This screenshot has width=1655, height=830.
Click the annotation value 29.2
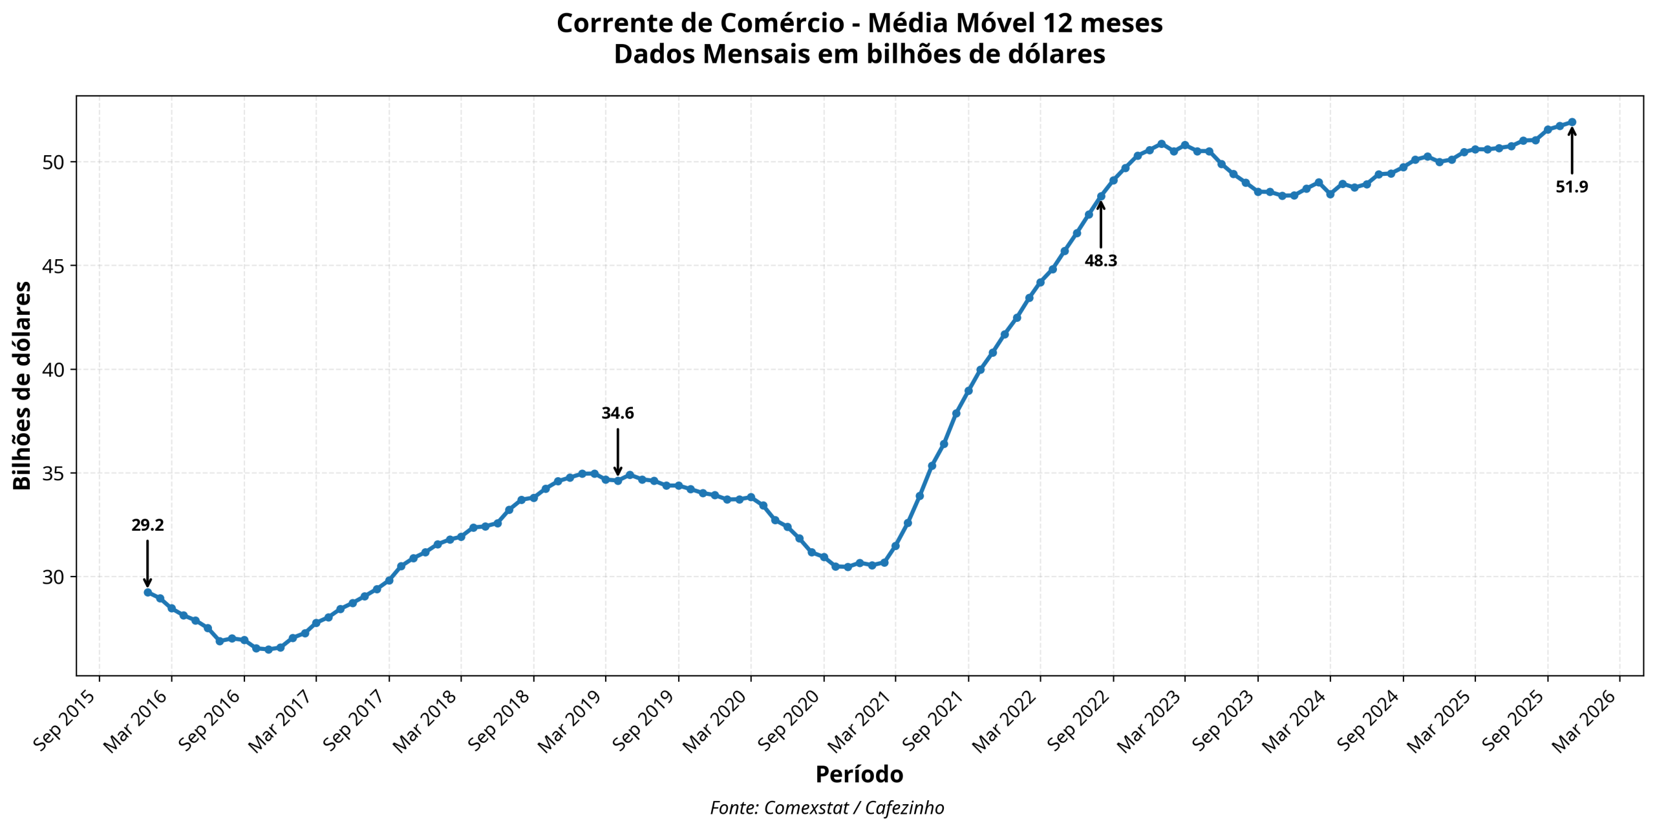147,525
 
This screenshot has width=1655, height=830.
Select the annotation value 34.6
617,413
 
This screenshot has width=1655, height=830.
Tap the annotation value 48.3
1100,261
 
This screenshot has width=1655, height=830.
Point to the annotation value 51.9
1572,187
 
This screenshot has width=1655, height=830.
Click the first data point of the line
147,592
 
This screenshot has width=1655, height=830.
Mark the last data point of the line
1572,122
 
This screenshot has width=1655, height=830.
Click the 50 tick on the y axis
54,162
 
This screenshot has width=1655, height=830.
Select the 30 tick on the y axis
54,577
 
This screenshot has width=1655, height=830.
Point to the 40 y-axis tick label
54,370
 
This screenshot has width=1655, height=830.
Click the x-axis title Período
859,774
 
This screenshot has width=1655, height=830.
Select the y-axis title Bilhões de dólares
22,385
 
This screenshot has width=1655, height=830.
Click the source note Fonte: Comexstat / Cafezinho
827,807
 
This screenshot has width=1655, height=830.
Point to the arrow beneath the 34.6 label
617,451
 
